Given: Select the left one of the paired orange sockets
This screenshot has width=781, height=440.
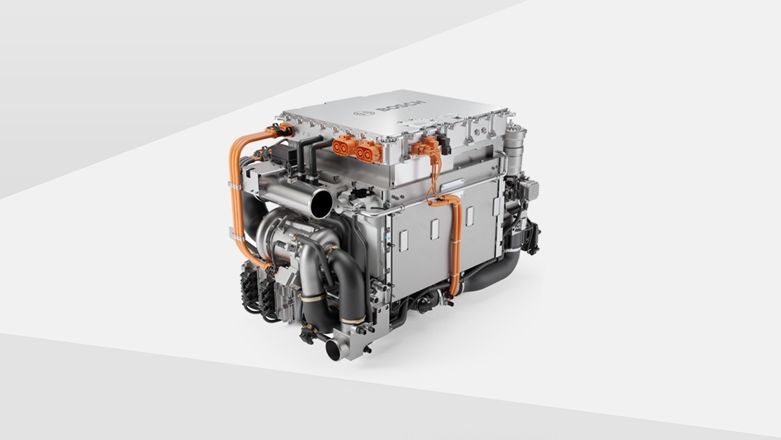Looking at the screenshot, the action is coord(343,146).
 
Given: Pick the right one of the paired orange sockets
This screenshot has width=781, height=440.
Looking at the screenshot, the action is coord(369,150).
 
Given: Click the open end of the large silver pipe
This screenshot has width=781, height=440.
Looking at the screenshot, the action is coord(321,203).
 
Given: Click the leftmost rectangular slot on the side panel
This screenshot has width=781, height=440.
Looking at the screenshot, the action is coord(404,241).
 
